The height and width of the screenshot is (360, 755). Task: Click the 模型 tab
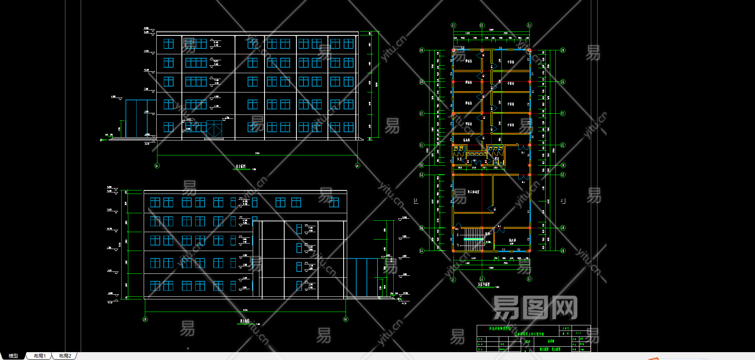coord(13,356)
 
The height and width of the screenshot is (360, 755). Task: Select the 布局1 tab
coord(39,356)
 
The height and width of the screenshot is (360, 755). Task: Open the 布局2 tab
coord(65,356)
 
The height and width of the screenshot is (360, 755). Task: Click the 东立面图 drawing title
coord(241,166)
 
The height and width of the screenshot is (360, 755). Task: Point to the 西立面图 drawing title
coord(245,321)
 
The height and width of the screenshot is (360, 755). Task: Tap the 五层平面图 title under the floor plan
coord(484,284)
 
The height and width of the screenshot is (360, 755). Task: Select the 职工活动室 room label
coord(474,192)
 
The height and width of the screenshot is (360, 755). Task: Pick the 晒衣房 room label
coord(512,240)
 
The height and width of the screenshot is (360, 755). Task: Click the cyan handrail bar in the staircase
coord(473,239)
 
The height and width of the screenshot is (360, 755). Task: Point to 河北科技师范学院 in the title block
coord(500,328)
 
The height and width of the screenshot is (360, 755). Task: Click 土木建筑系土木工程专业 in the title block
coord(529,334)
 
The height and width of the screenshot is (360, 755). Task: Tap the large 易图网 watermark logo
coord(535,308)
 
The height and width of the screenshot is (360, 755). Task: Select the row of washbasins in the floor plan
coord(476,154)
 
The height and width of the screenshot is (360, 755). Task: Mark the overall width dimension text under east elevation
coord(257,153)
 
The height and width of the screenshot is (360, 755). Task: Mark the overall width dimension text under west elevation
coord(245,310)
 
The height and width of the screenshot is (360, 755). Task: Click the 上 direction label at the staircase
coord(457,234)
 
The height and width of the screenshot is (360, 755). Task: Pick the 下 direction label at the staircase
coord(457,245)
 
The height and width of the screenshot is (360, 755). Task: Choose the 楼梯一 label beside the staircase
coord(488,234)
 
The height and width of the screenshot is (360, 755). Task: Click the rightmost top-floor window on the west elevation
coord(334,203)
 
